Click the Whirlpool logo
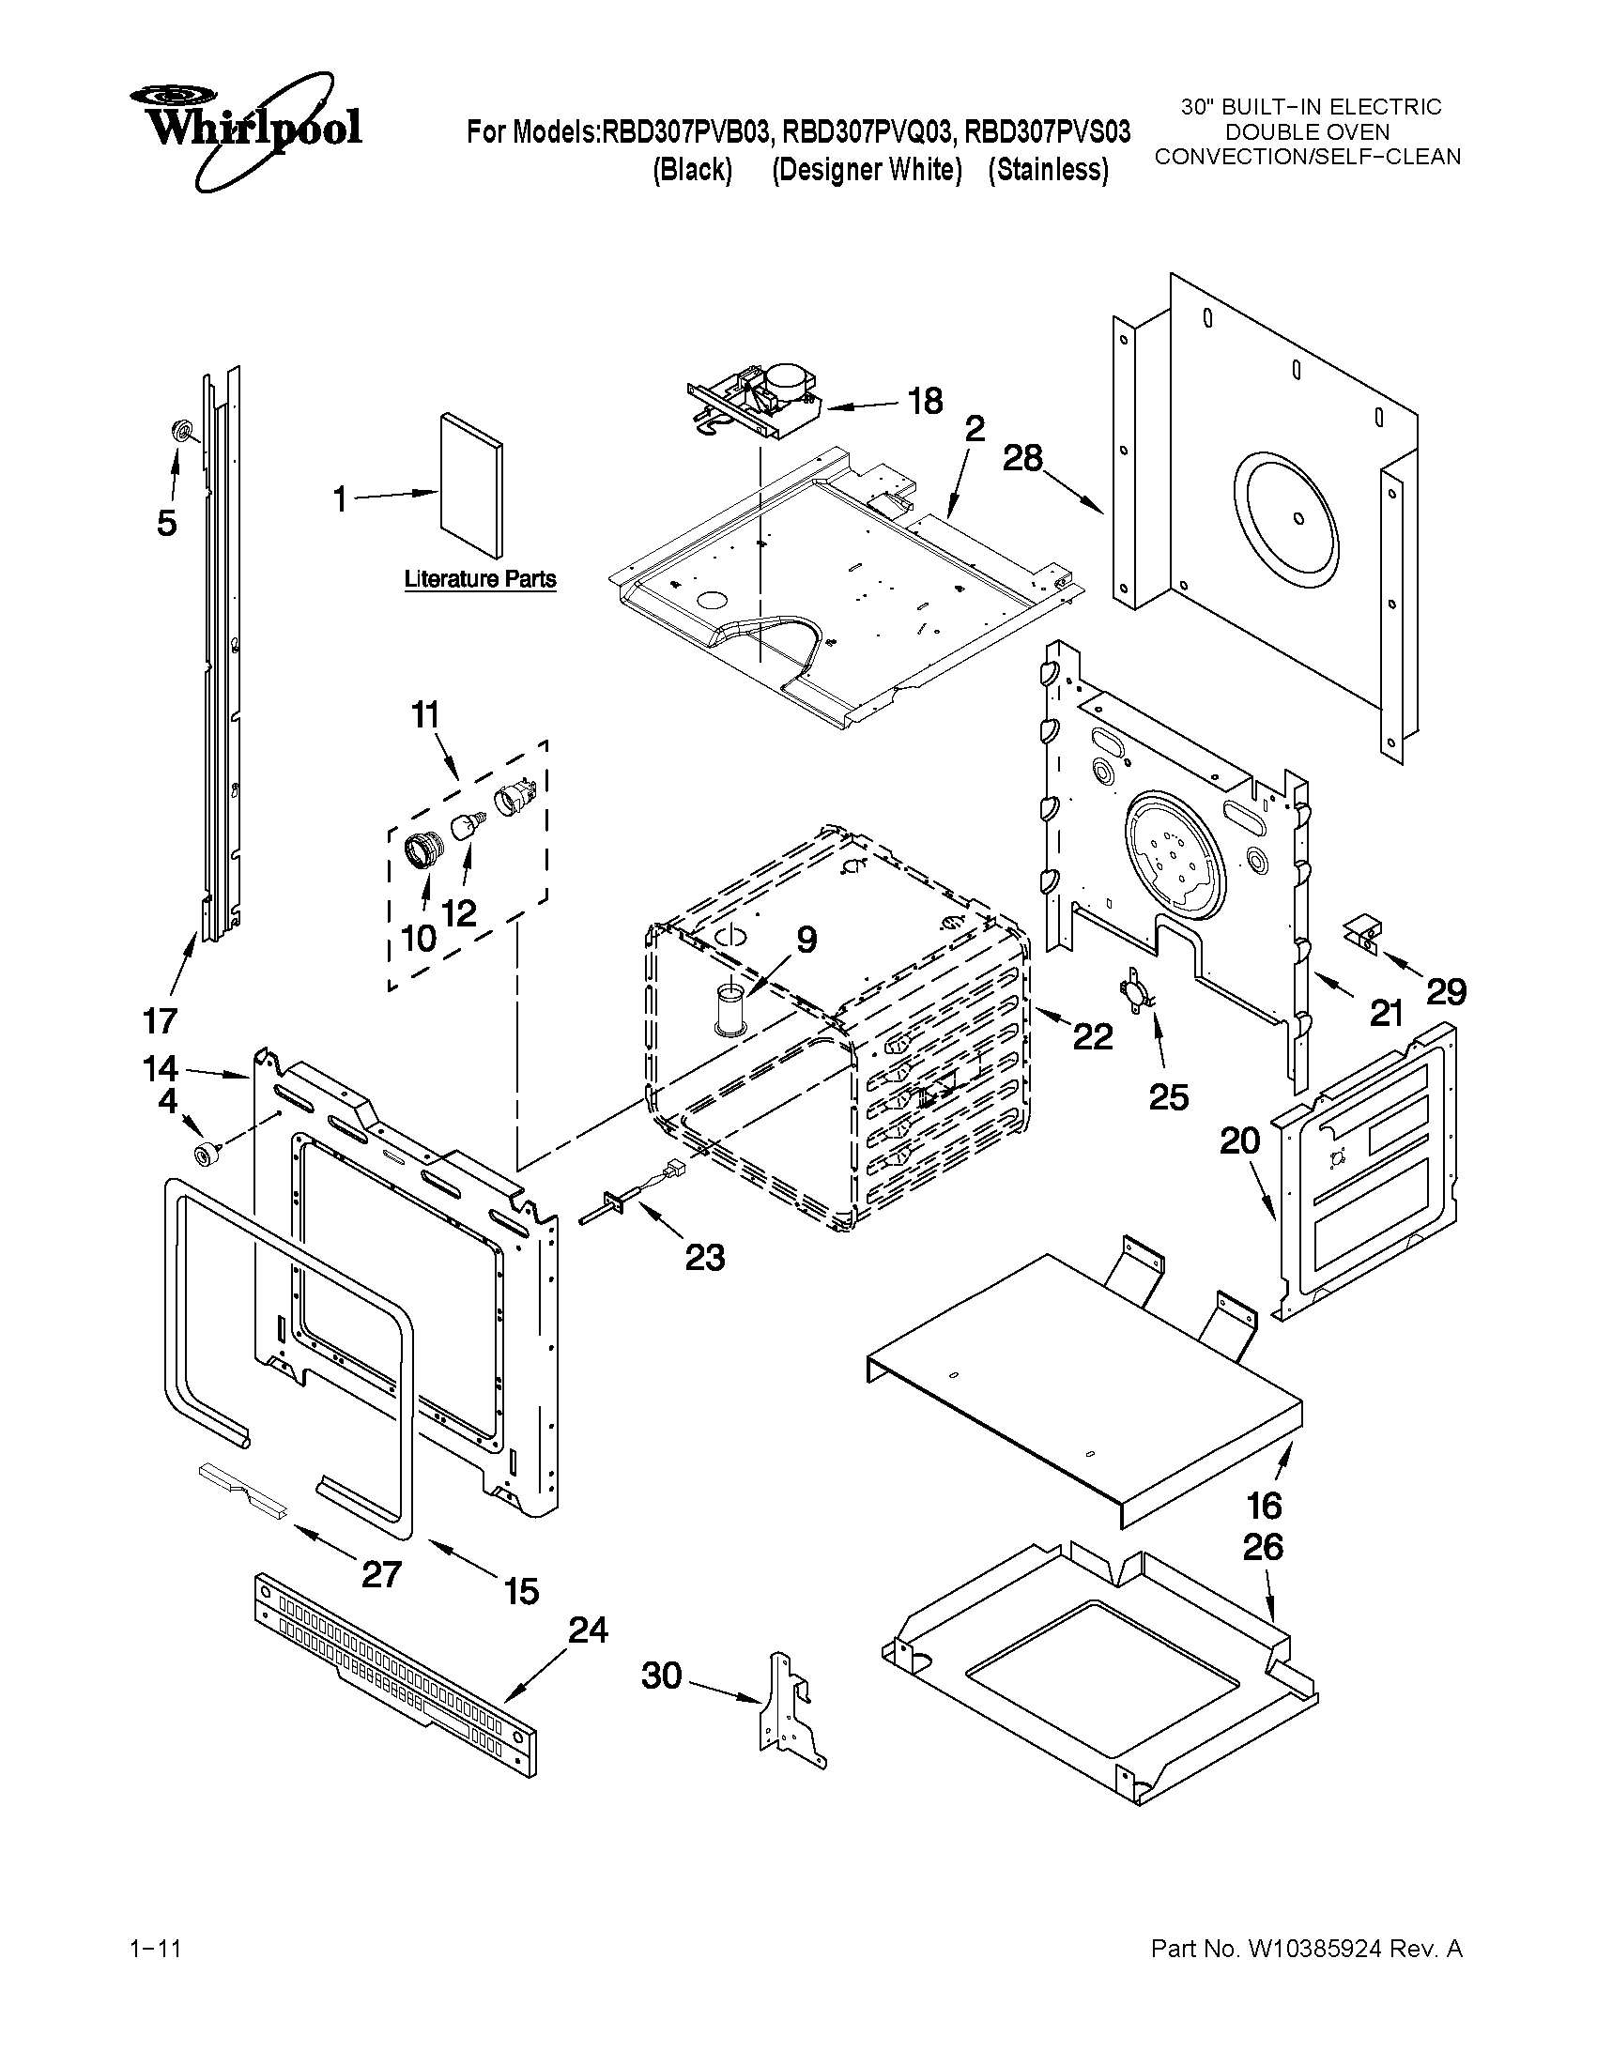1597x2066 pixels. (244, 130)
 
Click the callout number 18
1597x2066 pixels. (925, 401)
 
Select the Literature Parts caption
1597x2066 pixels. (480, 579)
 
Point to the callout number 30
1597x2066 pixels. (661, 1676)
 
